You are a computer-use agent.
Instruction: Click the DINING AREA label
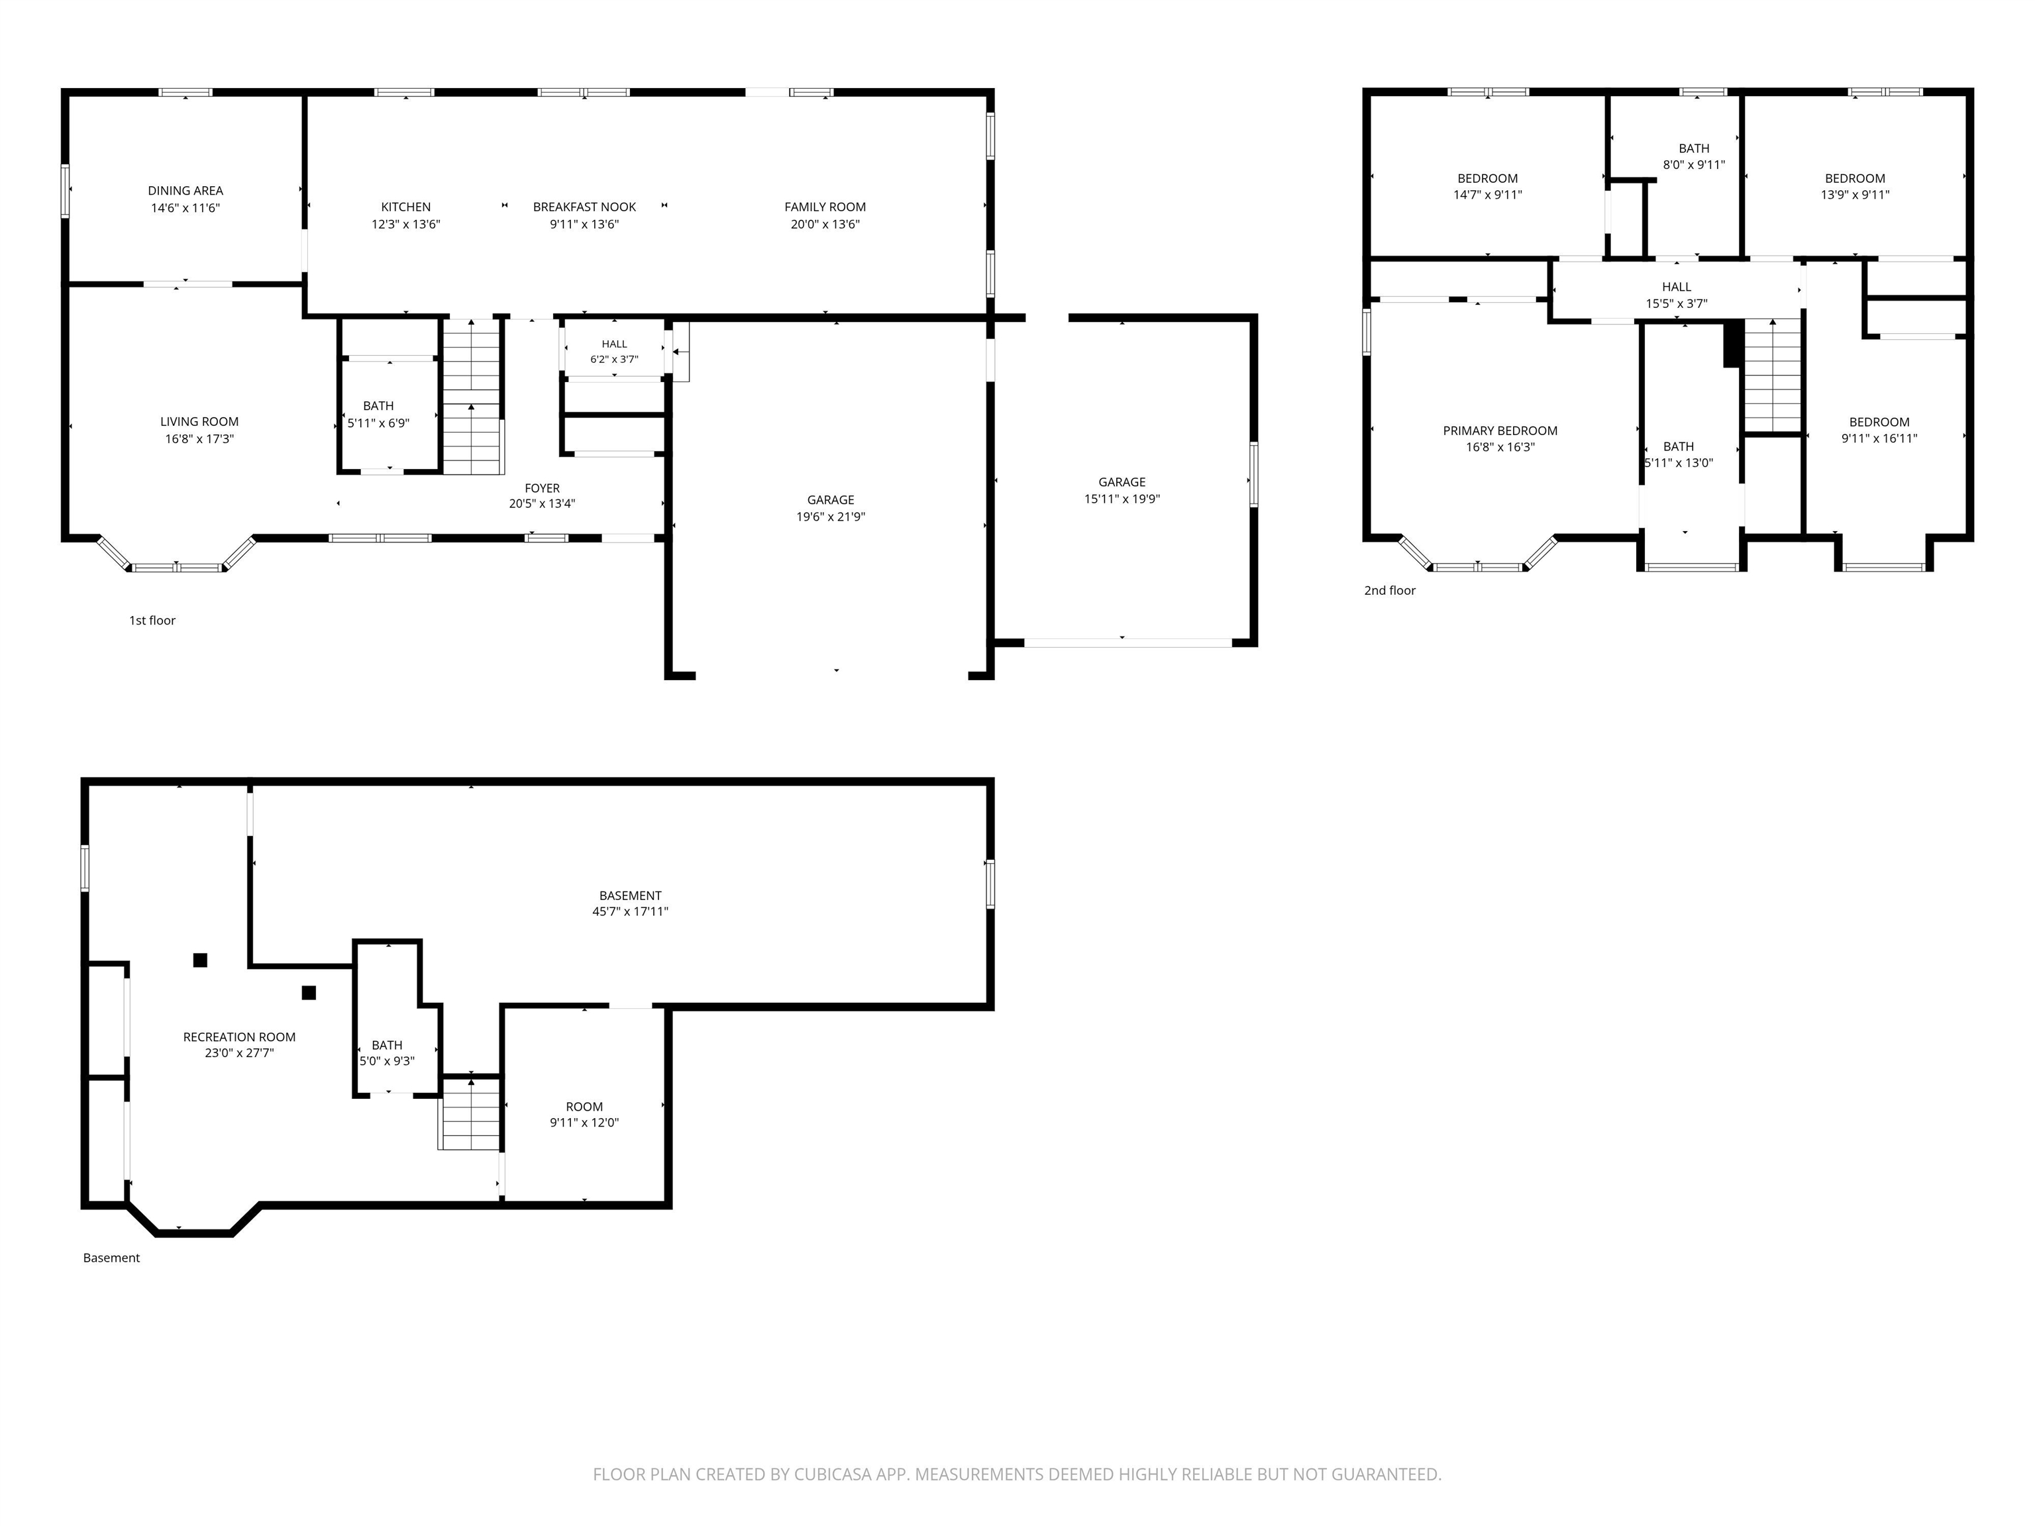click(186, 190)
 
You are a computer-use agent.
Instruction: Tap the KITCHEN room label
click(405, 207)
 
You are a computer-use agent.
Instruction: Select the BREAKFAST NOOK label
click(584, 207)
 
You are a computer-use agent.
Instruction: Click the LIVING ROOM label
click(199, 422)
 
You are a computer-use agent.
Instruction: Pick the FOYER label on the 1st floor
click(542, 488)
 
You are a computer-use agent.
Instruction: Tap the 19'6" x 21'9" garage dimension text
click(831, 517)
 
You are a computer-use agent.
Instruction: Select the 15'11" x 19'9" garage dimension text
click(1122, 499)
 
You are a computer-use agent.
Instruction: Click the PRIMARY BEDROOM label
click(1500, 431)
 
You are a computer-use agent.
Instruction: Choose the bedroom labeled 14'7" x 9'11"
click(1488, 187)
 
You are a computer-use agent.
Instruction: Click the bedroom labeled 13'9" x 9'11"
click(1855, 187)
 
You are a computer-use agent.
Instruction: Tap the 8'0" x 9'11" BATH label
click(1694, 156)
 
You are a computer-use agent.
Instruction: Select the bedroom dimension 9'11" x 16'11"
click(1879, 438)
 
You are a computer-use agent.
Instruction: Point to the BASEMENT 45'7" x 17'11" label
click(630, 903)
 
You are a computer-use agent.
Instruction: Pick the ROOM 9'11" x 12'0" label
click(584, 1115)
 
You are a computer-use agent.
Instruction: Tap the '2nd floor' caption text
click(1389, 591)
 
